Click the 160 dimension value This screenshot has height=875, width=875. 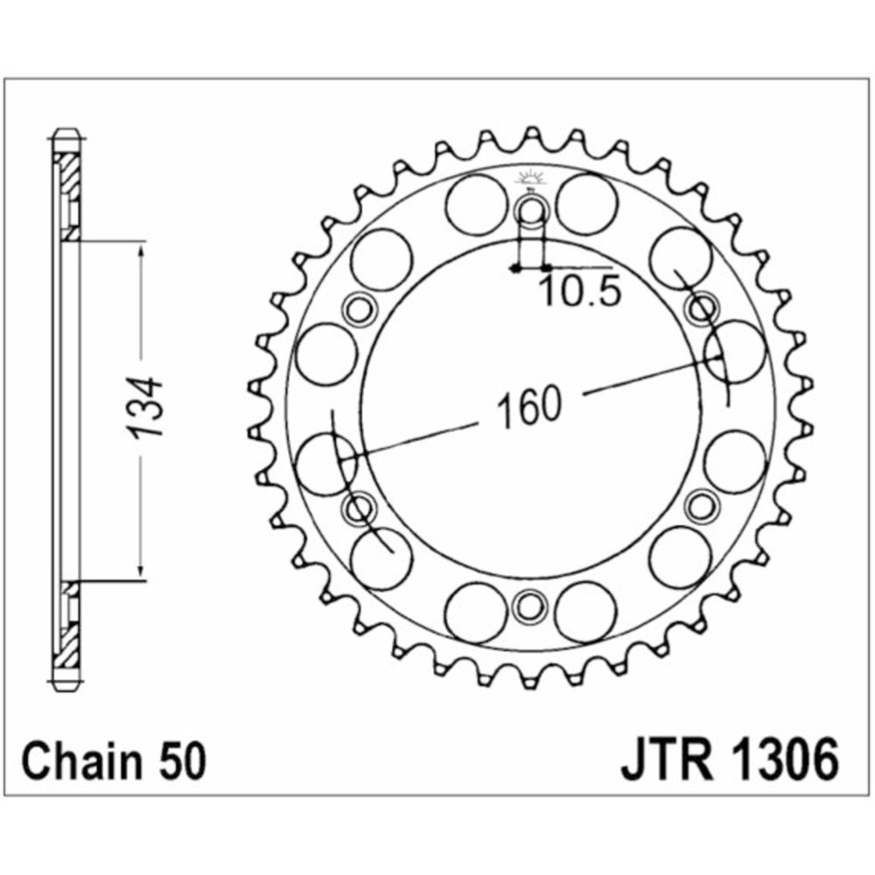[x=529, y=405]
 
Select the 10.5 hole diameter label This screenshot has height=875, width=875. [x=581, y=291]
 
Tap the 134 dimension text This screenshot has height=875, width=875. [x=144, y=407]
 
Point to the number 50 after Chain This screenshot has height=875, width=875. [x=183, y=760]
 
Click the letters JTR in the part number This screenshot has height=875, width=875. [x=668, y=760]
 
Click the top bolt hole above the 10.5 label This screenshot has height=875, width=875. [x=532, y=211]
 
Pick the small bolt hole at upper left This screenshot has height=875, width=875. [x=359, y=308]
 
